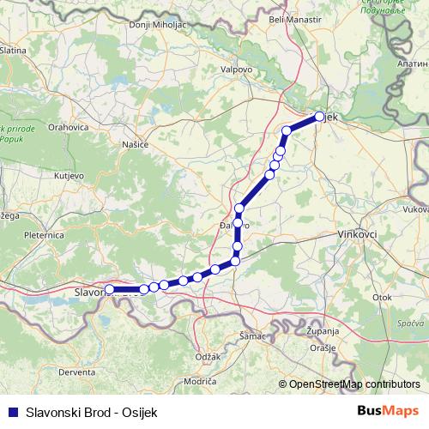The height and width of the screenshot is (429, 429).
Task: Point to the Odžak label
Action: point(208,355)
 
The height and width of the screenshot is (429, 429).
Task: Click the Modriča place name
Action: point(200,379)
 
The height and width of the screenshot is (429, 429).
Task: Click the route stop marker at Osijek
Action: point(319,116)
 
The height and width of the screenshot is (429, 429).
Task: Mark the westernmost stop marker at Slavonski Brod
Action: point(109,290)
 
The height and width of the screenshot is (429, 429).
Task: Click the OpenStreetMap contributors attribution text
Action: point(354,384)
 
